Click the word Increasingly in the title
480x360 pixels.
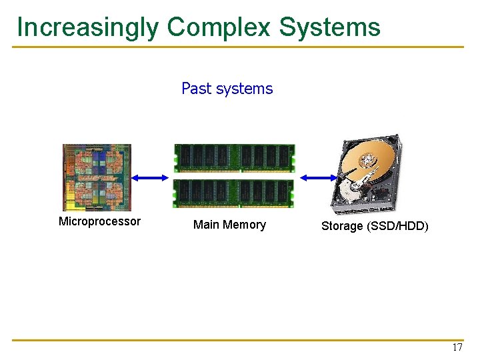tap(88, 27)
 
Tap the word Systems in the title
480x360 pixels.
tap(329, 27)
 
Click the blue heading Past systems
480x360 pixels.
tap(227, 89)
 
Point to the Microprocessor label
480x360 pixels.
tap(99, 221)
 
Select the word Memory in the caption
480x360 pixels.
tap(244, 225)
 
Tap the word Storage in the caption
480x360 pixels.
tap(342, 226)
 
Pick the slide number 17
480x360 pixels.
tap(457, 347)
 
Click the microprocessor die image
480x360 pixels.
tap(97, 177)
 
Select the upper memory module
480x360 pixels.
tap(234, 159)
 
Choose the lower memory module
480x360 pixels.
tap(234, 193)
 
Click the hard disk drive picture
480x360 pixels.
tap(367, 174)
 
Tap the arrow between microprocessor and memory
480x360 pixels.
tap(152, 177)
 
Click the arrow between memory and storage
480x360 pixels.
tap(319, 177)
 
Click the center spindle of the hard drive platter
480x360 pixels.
tap(367, 161)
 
